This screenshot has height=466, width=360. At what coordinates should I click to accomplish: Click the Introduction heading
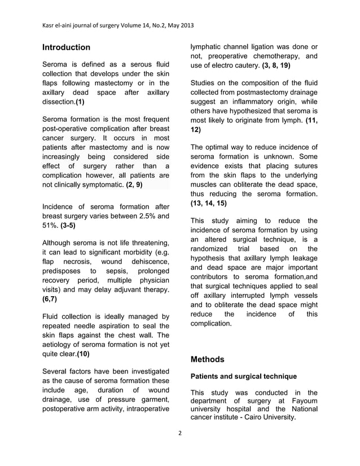click(x=67, y=47)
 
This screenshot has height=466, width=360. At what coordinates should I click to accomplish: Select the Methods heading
click(x=208, y=359)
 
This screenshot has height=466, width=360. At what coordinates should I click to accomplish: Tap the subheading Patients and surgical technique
click(x=244, y=376)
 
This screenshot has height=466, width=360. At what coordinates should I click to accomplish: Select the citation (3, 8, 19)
click(x=277, y=66)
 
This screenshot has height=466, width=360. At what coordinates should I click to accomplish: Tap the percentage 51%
click(x=50, y=226)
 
